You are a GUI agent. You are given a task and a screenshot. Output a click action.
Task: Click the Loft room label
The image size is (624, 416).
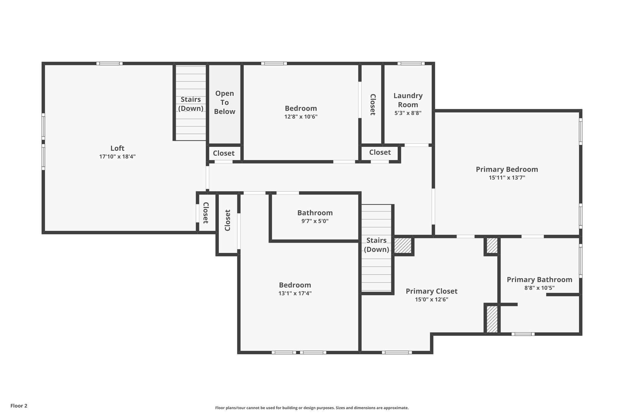pyautogui.click(x=117, y=148)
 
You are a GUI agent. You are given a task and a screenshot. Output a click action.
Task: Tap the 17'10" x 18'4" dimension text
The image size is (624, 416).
pyautogui.click(x=117, y=157)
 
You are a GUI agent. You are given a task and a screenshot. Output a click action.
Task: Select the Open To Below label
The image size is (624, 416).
pyautogui.click(x=225, y=102)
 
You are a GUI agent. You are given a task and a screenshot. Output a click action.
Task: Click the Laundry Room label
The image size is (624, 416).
pyautogui.click(x=408, y=100)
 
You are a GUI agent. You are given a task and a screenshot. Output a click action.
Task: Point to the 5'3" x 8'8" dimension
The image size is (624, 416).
pyautogui.click(x=408, y=113)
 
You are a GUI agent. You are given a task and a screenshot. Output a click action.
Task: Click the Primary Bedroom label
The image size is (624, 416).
pyautogui.click(x=507, y=169)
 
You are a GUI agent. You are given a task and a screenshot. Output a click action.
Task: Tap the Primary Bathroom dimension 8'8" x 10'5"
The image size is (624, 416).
pyautogui.click(x=539, y=288)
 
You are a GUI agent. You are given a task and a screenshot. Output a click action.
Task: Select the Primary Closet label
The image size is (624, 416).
pyautogui.click(x=431, y=291)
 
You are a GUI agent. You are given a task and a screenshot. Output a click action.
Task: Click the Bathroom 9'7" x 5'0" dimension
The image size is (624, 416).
pyautogui.click(x=315, y=221)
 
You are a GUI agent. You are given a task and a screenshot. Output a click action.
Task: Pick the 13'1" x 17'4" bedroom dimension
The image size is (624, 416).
pyautogui.click(x=295, y=293)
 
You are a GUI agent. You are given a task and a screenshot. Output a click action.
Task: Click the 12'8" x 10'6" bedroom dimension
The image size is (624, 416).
pyautogui.click(x=301, y=117)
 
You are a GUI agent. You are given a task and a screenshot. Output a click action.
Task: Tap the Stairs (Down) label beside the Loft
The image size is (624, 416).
pyautogui.click(x=191, y=104)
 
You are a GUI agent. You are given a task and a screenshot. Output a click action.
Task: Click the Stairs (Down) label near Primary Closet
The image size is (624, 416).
pyautogui.click(x=377, y=245)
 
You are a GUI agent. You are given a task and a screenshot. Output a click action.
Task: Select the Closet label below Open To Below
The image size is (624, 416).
pyautogui.click(x=224, y=153)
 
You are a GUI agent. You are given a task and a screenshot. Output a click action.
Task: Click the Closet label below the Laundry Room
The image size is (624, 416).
pyautogui.click(x=380, y=152)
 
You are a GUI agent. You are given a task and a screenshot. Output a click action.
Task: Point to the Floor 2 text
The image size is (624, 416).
pyautogui.click(x=19, y=406)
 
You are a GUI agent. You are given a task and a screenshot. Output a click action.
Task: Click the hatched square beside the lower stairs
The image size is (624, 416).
pyautogui.click(x=403, y=245)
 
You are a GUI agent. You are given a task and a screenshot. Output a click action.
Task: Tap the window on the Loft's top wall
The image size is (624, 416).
pyautogui.click(x=110, y=63)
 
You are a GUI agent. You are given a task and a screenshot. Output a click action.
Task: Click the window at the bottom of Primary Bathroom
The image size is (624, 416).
pyautogui.click(x=523, y=334)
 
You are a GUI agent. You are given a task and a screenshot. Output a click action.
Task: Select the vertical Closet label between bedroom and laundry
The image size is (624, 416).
pyautogui.click(x=372, y=104)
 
